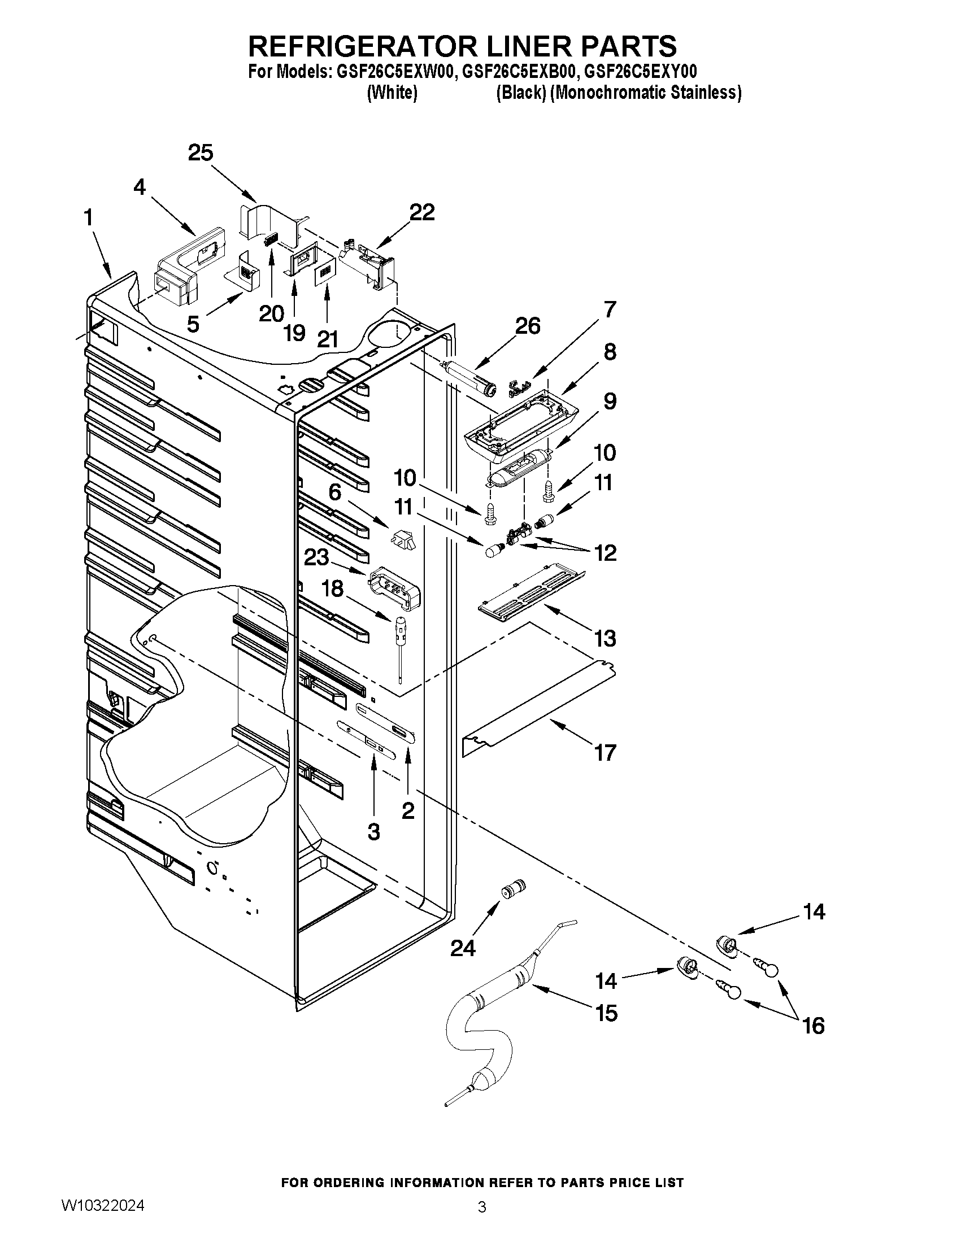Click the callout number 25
tap(201, 153)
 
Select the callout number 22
tap(422, 212)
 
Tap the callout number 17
tap(605, 752)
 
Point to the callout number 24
tap(463, 948)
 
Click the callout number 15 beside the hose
tap(607, 1013)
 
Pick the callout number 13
tap(605, 638)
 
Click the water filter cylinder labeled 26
tap(473, 380)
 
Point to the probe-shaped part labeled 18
tap(399, 643)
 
